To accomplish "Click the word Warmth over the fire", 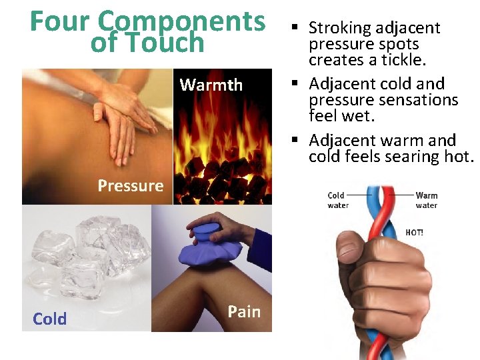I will coord(211,85).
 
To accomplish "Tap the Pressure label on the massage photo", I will coord(130,185).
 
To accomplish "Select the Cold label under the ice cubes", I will coord(50,319).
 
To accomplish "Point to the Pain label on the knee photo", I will coord(244,311).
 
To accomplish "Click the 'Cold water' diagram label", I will coord(337,200).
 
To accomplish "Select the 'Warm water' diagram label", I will coord(426,200).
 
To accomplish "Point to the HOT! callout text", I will coord(414,233).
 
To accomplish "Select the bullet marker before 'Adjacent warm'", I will coord(294,141).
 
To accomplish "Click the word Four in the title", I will coord(55,21).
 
